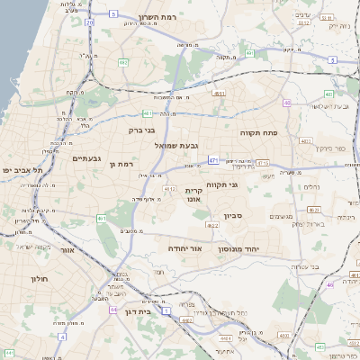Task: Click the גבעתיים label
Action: [86, 158]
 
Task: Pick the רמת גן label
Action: [120, 164]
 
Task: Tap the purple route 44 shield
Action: [113, 309]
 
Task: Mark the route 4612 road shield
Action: [169, 189]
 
